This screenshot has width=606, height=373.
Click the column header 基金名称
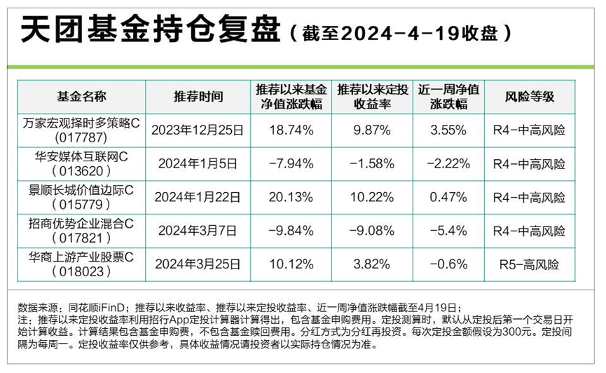click(81, 97)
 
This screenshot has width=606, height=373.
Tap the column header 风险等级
click(529, 97)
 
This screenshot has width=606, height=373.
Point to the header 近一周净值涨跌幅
click(448, 97)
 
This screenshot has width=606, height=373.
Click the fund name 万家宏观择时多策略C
click(81, 123)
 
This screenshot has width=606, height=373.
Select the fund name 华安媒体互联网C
click(81, 156)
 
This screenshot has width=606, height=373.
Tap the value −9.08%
click(371, 230)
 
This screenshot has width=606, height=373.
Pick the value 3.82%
click(371, 264)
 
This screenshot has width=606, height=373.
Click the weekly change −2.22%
click(448, 163)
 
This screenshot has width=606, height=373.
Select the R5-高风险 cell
click(529, 264)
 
